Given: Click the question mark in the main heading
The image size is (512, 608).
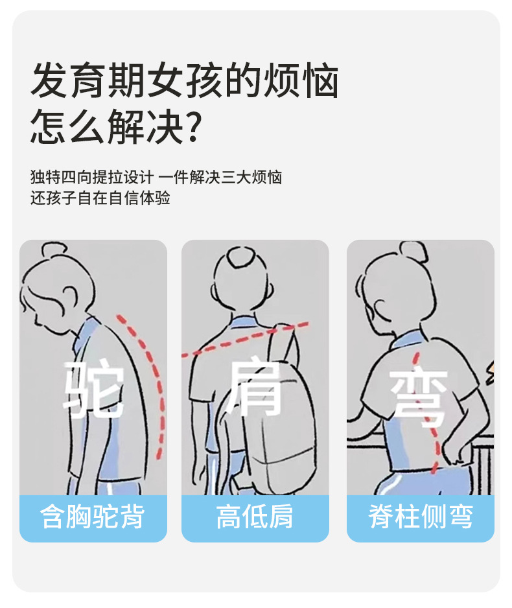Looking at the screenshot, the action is pos(192,126).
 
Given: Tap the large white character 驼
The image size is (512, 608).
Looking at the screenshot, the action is pos(94,388).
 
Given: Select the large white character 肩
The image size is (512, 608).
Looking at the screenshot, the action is pos(255,388).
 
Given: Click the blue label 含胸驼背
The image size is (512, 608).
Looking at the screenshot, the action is pos(93,516).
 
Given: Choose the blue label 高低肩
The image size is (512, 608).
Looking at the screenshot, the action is pos(255,516).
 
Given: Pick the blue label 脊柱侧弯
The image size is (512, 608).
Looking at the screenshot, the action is pos(421,516).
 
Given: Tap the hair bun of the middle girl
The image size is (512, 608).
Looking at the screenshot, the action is pos(240,255).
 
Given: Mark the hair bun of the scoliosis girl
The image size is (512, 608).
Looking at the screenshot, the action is pos(413,251).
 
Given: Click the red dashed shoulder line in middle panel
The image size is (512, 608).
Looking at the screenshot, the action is pos(245,338).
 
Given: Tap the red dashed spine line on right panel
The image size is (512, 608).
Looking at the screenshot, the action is pos(426,414).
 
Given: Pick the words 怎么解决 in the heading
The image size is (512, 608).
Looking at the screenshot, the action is pos(107,126).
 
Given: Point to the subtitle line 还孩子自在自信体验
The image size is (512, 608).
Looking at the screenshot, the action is pos(100,198).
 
